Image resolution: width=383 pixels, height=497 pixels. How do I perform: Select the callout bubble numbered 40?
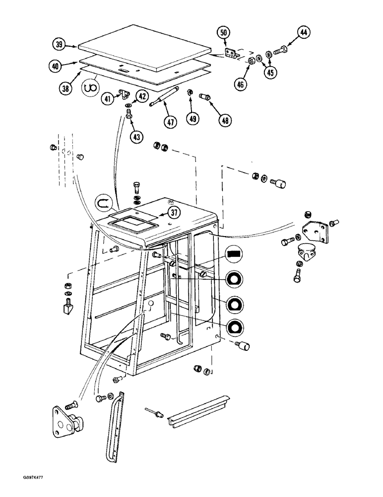point(55,65)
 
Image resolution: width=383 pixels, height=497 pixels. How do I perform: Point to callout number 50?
point(224,33)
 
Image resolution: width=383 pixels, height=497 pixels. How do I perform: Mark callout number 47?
point(171,122)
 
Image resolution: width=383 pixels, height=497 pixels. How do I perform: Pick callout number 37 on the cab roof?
point(173,213)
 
